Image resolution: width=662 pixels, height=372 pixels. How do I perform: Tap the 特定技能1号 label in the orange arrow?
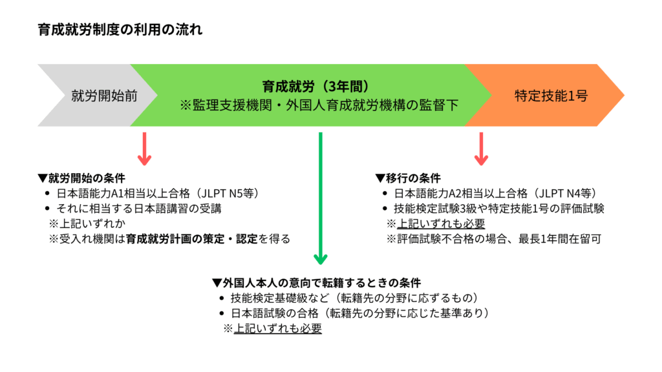pyautogui.click(x=551, y=96)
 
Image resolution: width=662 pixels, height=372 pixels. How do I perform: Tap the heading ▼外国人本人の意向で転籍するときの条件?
pyautogui.click(x=316, y=282)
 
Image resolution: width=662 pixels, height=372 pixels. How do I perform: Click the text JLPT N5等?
pyautogui.click(x=231, y=193)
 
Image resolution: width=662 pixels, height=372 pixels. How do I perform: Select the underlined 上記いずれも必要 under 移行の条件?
pyautogui.click(x=440, y=223)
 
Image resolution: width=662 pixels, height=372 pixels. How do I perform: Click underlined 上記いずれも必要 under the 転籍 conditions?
pyautogui.click(x=277, y=328)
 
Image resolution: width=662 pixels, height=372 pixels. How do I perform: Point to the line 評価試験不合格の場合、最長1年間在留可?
pyautogui.click(x=493, y=239)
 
